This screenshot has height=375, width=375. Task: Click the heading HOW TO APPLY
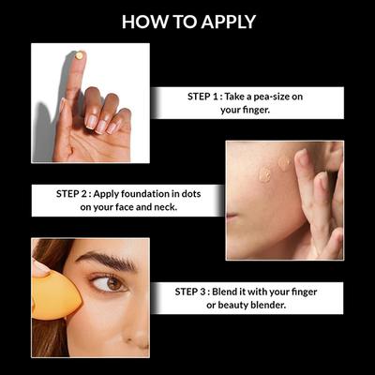tap(187, 21)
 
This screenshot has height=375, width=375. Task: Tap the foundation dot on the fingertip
tap(79, 56)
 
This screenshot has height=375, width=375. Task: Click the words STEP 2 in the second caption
tap(77, 194)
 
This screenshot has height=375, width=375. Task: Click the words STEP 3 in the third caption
tap(195, 292)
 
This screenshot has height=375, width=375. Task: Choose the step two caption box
tap(127, 201)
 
